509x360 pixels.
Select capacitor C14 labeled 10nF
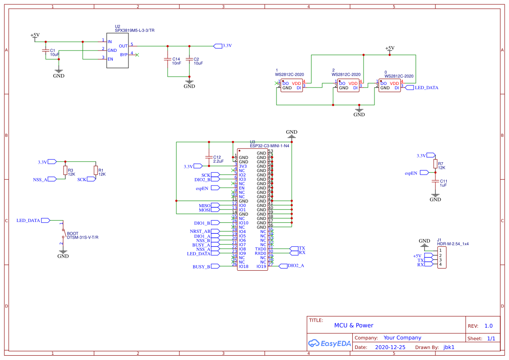pyautogui.click(x=167, y=60)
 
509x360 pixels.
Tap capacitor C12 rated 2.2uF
pyautogui.click(x=209, y=158)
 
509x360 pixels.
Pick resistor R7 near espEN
pyautogui.click(x=435, y=164)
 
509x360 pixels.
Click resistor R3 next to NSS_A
pyautogui.click(x=65, y=170)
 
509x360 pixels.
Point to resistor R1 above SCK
pyautogui.click(x=95, y=170)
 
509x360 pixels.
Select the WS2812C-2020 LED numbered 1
pyautogui.click(x=292, y=85)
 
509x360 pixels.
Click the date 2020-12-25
pyautogui.click(x=390, y=347)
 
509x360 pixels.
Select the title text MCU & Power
pyautogui.click(x=354, y=325)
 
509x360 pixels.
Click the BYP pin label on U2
pyautogui.click(x=124, y=54)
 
